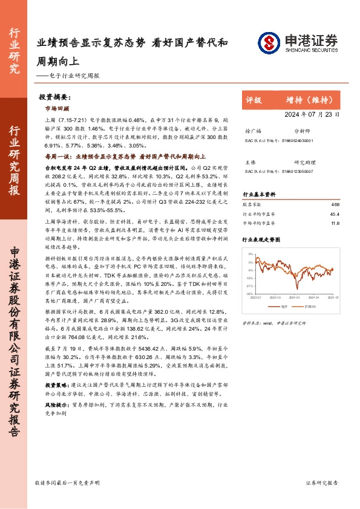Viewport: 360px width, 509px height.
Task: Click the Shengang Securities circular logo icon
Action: click(x=269, y=43)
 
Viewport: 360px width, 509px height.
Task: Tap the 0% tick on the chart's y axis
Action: click(x=250, y=262)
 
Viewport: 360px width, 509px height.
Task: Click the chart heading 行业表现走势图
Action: click(x=262, y=239)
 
